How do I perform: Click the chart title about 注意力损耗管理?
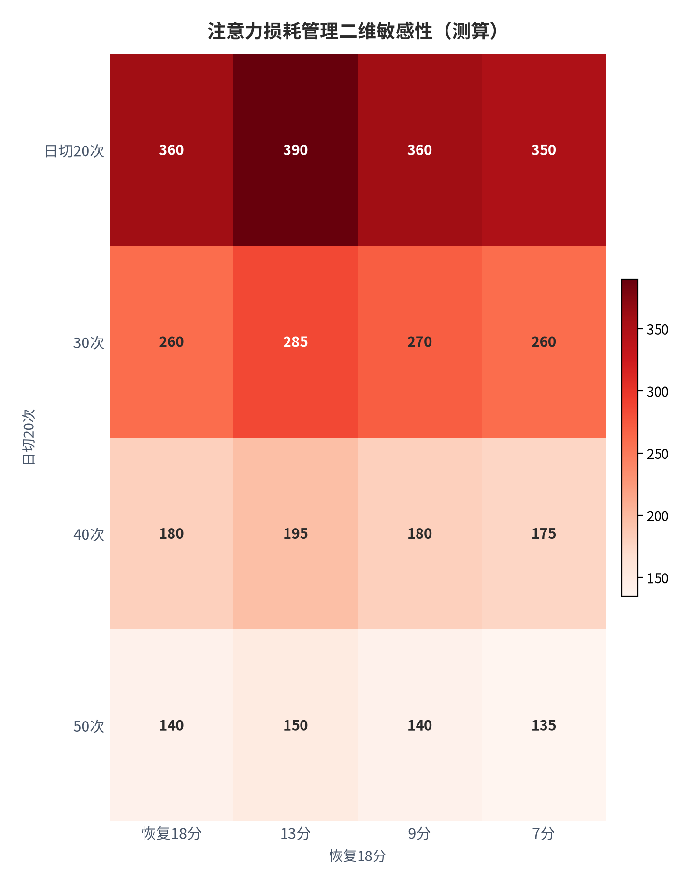pos(352,31)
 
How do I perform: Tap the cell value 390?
pos(296,150)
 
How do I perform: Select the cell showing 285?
pos(296,342)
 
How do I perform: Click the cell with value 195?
pos(296,533)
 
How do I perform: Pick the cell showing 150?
pos(296,725)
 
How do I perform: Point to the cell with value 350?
pos(544,150)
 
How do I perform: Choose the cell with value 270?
pos(419,342)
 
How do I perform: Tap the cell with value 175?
pos(544,533)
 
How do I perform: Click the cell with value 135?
pos(544,725)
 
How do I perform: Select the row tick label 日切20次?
pos(74,151)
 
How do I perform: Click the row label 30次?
pos(89,343)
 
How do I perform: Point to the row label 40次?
pos(89,534)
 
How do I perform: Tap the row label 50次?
pos(89,726)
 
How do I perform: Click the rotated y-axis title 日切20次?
pos(29,437)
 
